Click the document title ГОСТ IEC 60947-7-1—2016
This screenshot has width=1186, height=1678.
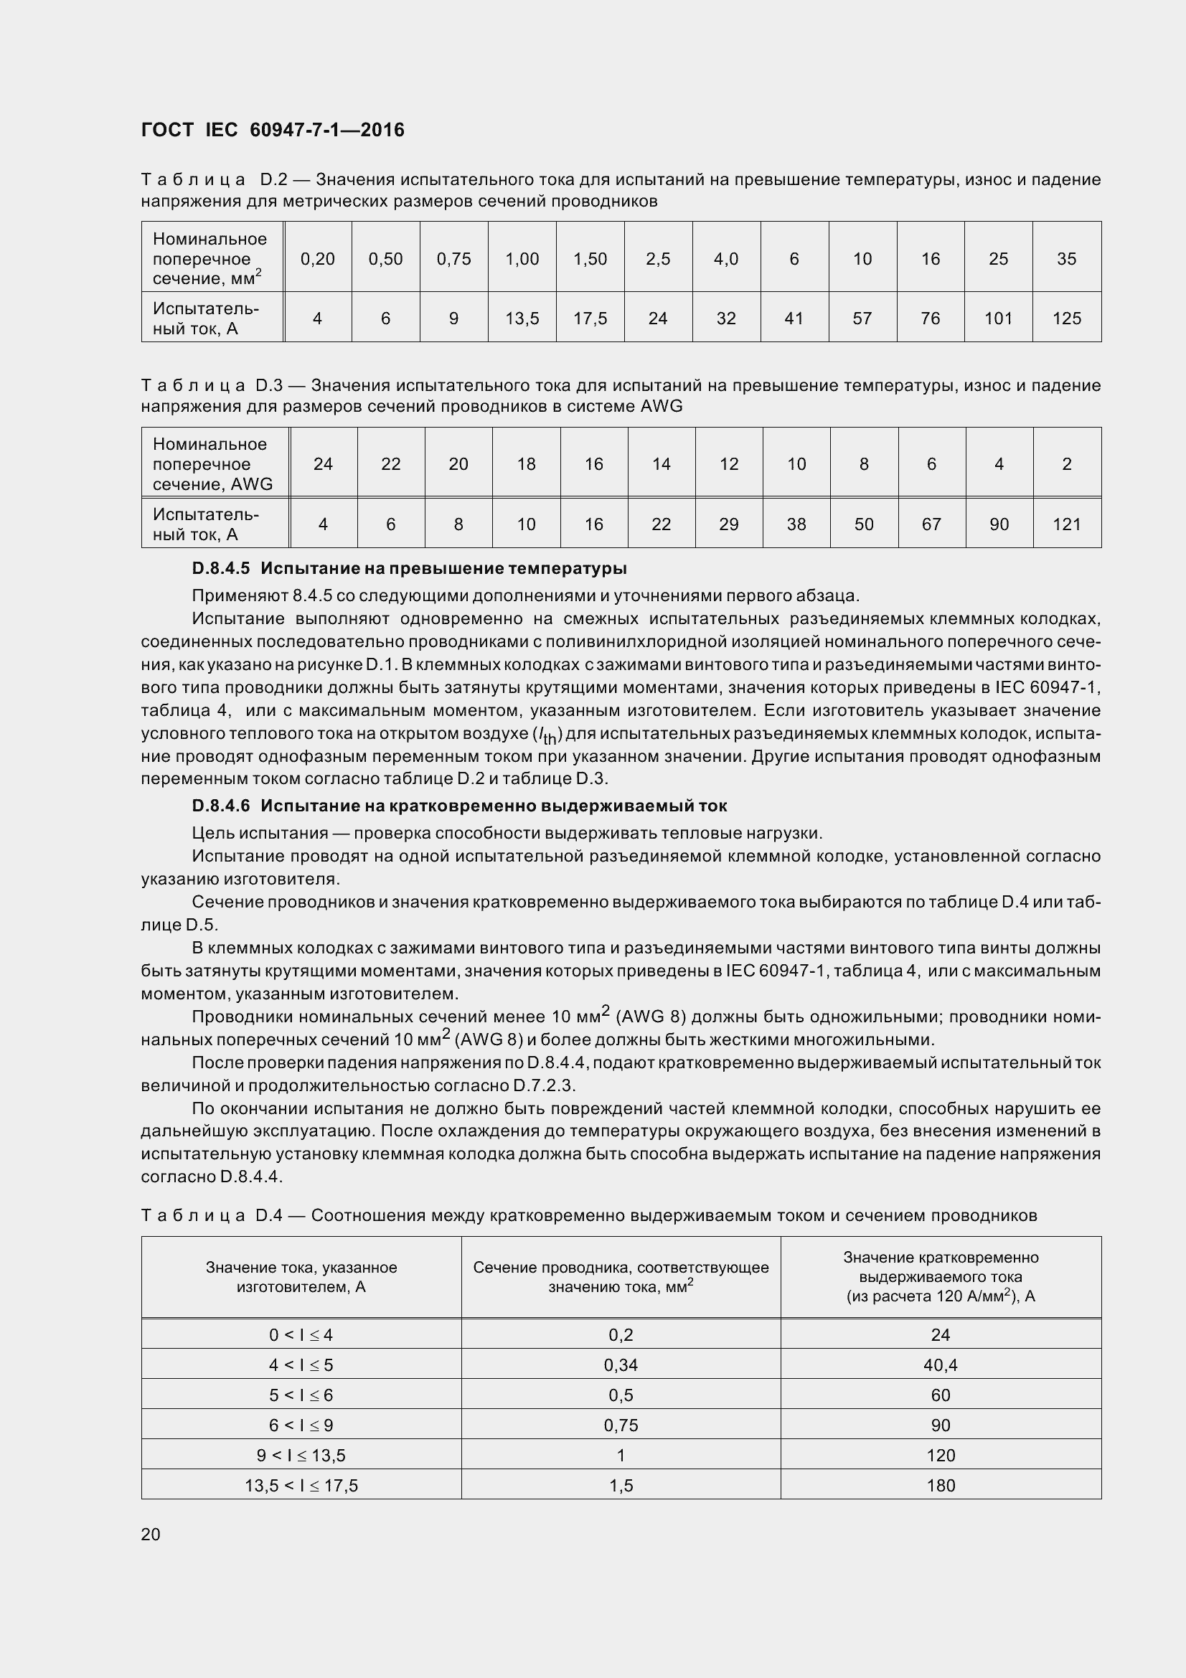coord(273,130)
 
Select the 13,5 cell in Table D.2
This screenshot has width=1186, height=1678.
coord(522,318)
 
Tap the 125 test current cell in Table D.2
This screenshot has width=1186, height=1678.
coord(1066,318)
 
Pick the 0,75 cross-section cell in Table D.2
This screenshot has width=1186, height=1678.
coord(453,259)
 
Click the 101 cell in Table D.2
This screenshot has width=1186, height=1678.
coord(998,318)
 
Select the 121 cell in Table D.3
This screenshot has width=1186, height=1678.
coord(1066,524)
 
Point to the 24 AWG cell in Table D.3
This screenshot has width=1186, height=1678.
coord(323,464)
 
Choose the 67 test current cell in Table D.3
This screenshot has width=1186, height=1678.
coord(931,524)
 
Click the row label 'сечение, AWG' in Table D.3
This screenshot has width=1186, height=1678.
coord(212,484)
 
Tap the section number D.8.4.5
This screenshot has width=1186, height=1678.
coord(221,568)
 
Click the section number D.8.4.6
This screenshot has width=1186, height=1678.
coord(221,806)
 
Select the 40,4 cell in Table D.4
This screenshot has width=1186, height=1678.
coord(941,1365)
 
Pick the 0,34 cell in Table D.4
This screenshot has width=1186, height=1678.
coord(621,1365)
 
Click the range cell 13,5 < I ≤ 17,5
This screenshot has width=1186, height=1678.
coord(301,1485)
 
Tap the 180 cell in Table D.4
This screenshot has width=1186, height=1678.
coord(941,1485)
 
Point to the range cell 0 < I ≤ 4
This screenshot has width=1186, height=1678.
coord(301,1335)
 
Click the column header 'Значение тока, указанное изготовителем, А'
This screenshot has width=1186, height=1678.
coord(301,1277)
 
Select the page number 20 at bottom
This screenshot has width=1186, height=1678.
coord(151,1534)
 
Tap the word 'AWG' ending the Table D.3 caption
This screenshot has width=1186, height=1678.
coord(662,406)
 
